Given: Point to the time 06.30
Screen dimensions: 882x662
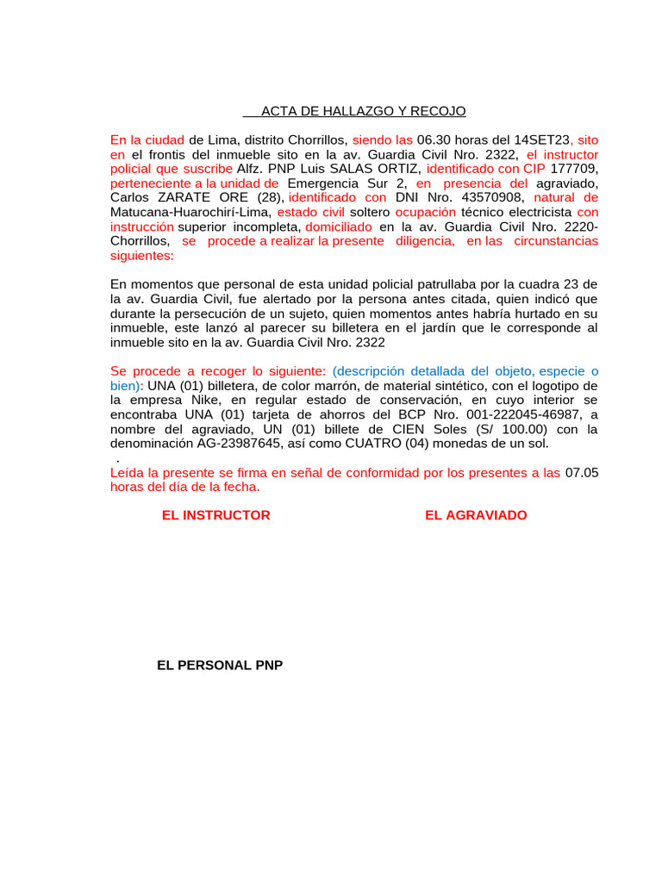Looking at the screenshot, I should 434,140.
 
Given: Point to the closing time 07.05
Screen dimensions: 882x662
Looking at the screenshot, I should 581,473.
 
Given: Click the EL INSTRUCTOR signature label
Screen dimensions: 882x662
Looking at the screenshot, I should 215,515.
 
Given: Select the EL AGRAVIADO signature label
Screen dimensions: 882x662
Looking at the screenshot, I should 476,515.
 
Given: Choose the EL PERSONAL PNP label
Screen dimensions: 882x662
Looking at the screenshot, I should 220,666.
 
